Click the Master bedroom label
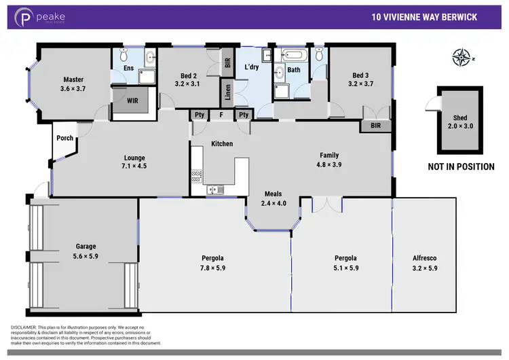tap(73, 79)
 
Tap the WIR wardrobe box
tap(134, 100)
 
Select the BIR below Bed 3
tap(375, 126)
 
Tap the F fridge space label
tap(221, 115)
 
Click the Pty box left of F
tap(200, 115)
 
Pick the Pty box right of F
tap(242, 115)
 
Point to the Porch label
tap(65, 139)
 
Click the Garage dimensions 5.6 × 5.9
tap(85, 256)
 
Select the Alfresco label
tap(426, 258)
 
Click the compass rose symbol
tap(464, 58)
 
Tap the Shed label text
tap(458, 117)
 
